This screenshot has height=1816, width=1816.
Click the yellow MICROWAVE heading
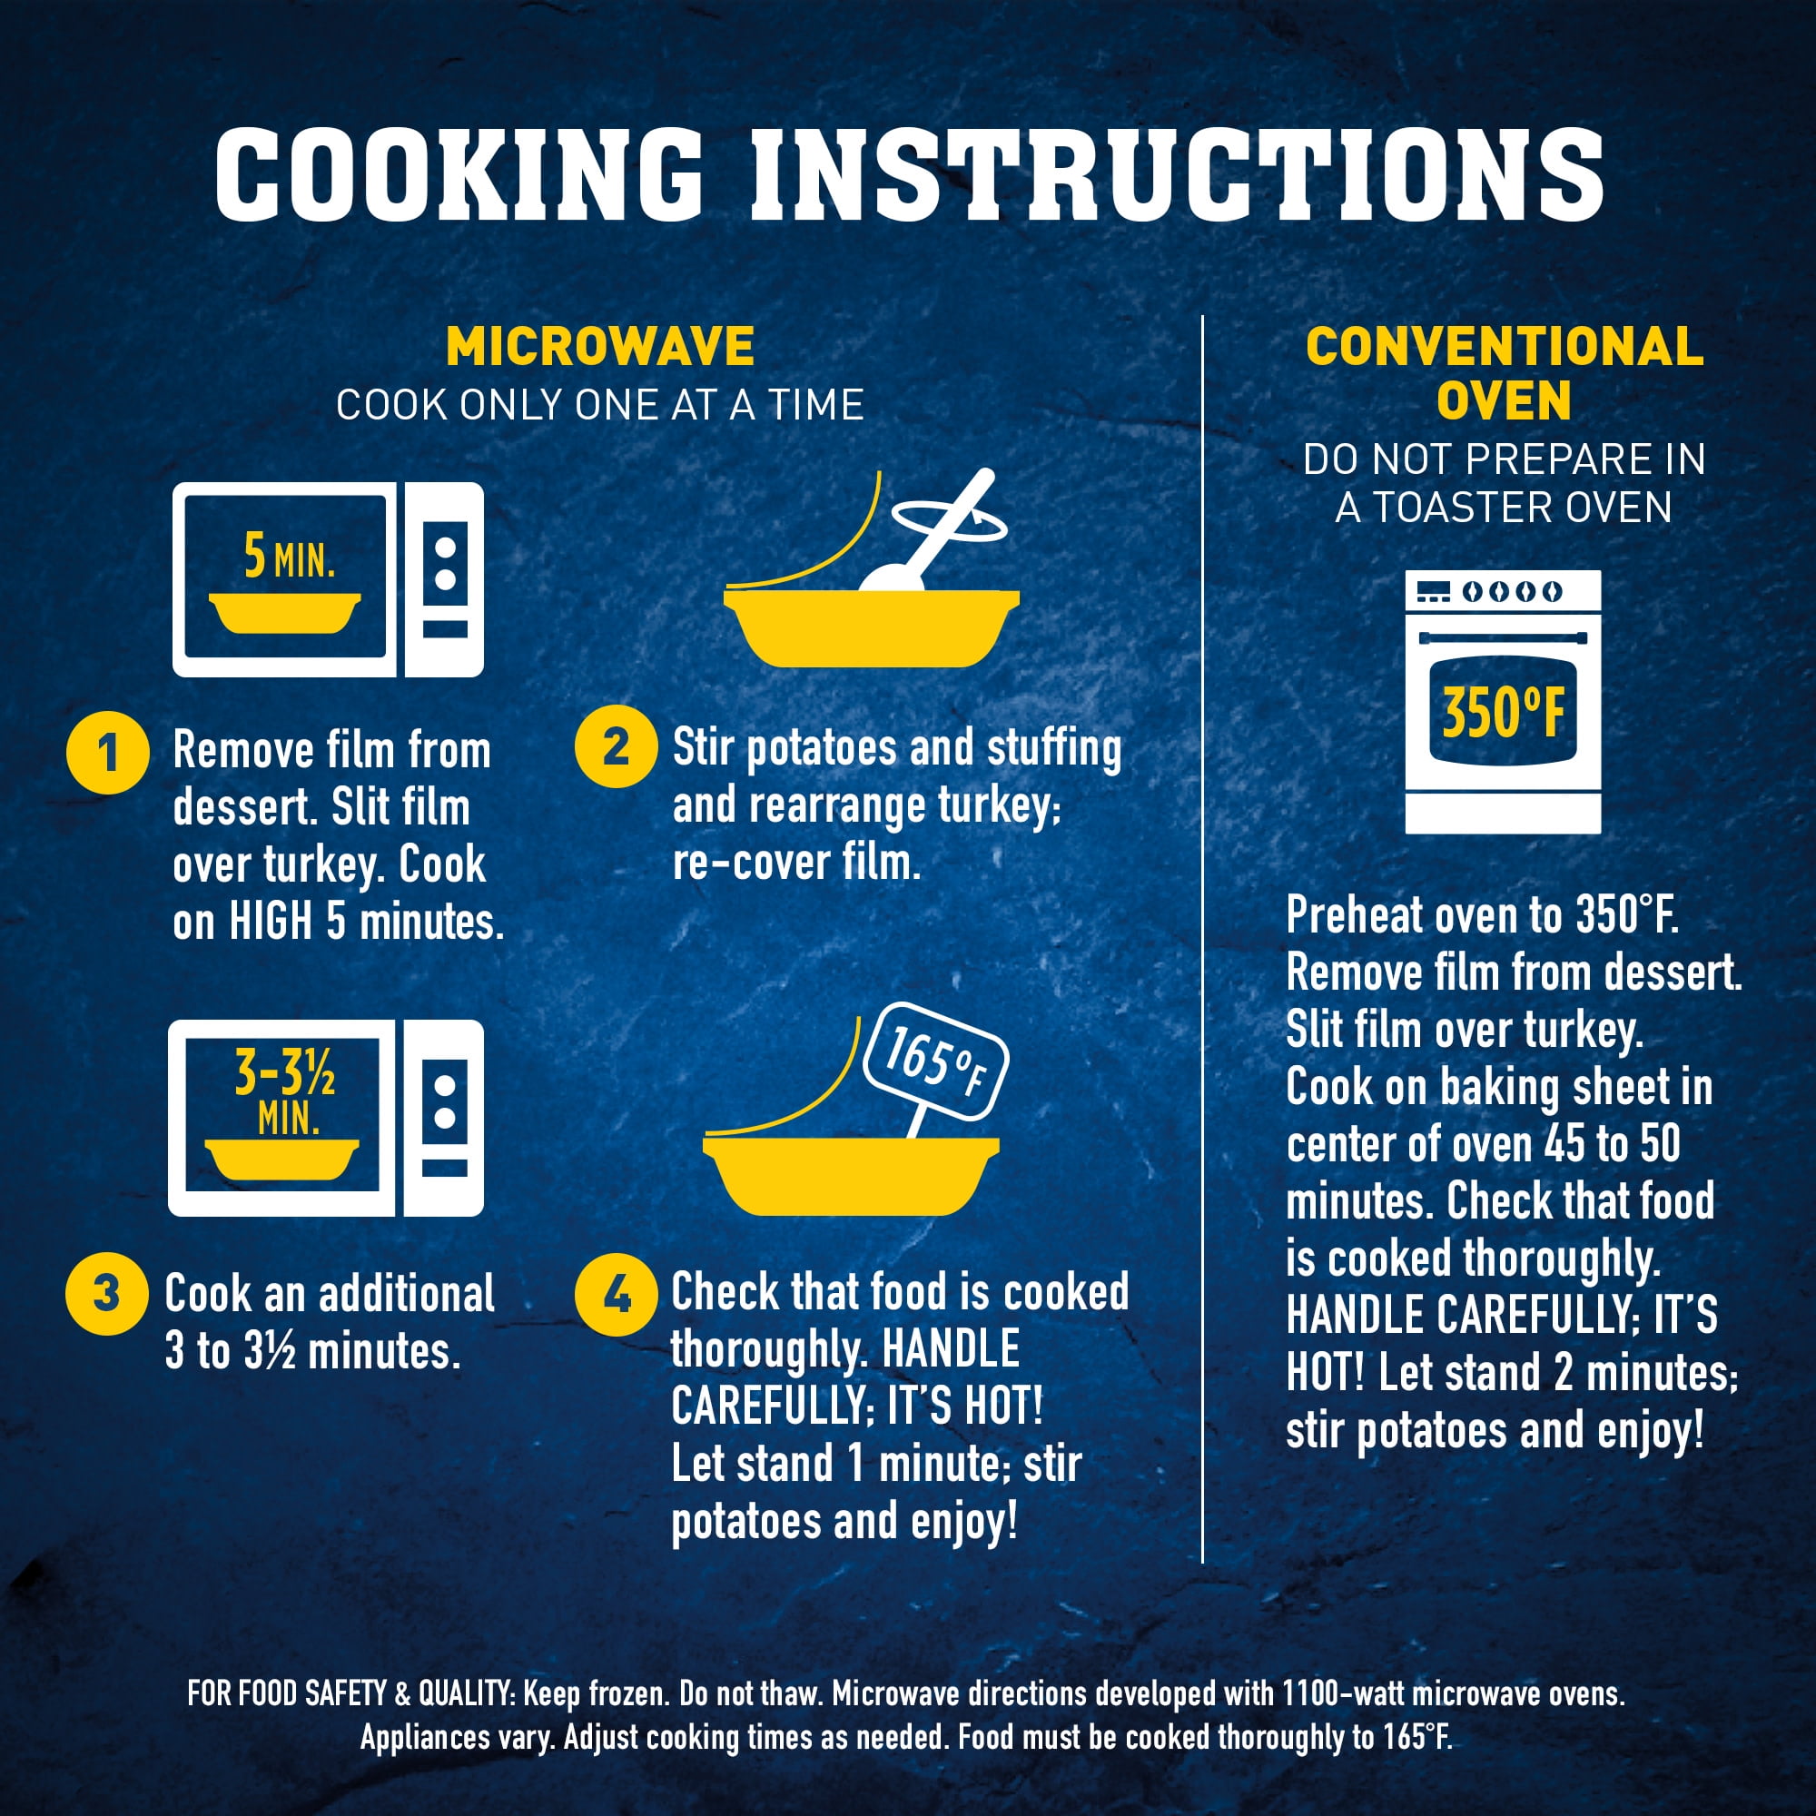click(599, 347)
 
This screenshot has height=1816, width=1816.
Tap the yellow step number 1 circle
click(108, 753)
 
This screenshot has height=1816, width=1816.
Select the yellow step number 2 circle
click(616, 746)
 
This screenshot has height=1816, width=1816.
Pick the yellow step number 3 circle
click(106, 1293)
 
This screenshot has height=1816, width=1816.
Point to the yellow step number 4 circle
click(616, 1297)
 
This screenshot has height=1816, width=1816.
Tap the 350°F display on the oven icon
click(1503, 713)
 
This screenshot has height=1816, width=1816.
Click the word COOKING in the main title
click(459, 174)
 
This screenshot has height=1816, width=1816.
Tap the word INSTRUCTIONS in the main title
click(1176, 174)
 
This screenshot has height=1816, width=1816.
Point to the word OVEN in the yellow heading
click(1503, 400)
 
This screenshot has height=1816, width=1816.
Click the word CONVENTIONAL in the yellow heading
click(1504, 347)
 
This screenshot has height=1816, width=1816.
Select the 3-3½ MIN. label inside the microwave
click(285, 1093)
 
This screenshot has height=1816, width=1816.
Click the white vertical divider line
click(1202, 940)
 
